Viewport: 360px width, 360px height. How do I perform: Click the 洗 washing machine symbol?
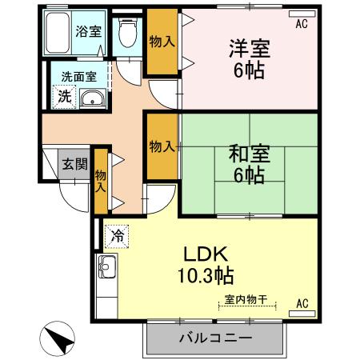click(62, 96)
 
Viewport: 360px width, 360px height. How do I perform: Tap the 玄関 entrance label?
click(75, 163)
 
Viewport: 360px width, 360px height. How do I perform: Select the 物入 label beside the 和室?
click(162, 146)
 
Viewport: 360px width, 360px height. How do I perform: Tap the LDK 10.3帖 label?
click(207, 266)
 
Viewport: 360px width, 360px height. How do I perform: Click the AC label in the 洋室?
click(301, 25)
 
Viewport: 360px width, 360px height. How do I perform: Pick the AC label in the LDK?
click(302, 304)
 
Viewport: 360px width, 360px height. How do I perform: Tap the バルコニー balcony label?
click(215, 338)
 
